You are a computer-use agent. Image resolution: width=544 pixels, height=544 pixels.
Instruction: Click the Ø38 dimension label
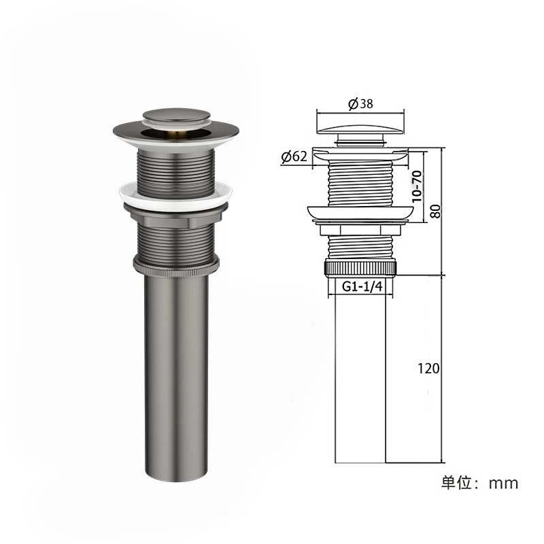pyautogui.click(x=360, y=103)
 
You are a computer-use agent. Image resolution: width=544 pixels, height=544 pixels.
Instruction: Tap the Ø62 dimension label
pyautogui.click(x=294, y=156)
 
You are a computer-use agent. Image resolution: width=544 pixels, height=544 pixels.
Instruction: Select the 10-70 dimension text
pyautogui.click(x=417, y=186)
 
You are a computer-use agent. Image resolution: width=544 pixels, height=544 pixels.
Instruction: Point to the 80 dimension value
pyautogui.click(x=435, y=211)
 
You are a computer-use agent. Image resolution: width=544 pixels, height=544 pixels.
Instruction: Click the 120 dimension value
pyautogui.click(x=428, y=368)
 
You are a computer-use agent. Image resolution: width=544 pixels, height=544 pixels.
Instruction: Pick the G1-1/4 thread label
pyautogui.click(x=362, y=286)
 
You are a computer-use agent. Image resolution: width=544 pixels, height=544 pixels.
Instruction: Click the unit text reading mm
pyautogui.click(x=503, y=483)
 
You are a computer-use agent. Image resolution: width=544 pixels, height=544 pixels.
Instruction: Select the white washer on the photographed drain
pyautogui.click(x=175, y=195)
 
